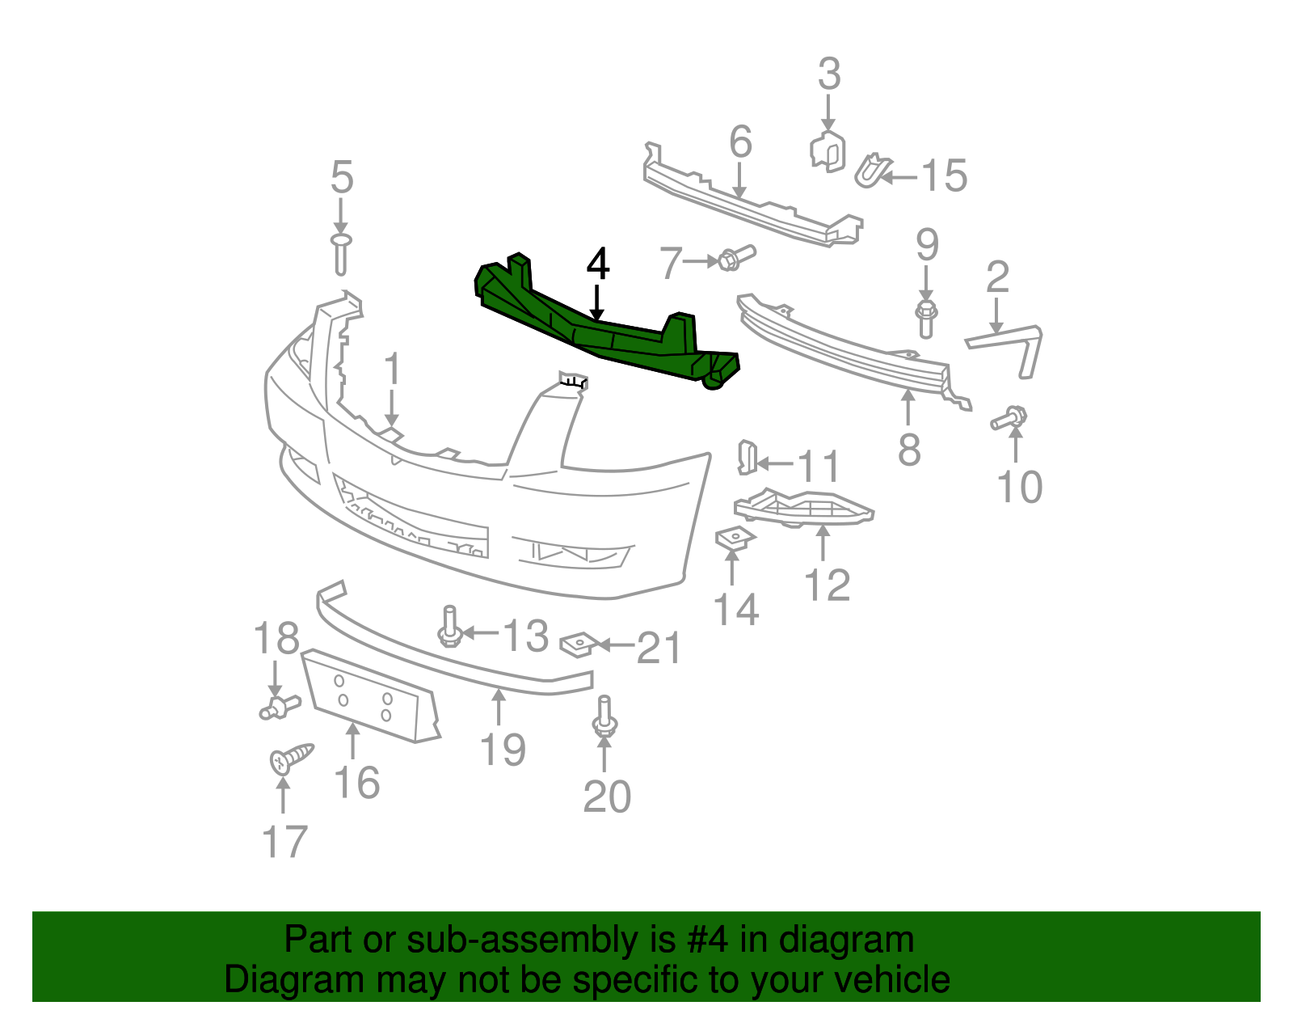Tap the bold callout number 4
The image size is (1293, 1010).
(x=597, y=264)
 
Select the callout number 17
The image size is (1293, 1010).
(x=284, y=842)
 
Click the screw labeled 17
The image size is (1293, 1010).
(x=289, y=758)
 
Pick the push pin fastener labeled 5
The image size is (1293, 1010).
(x=341, y=253)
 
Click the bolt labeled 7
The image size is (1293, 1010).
(x=735, y=258)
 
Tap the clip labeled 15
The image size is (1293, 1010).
(x=870, y=171)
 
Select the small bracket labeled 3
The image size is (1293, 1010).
(x=828, y=150)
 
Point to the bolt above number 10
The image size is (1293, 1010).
(x=1009, y=419)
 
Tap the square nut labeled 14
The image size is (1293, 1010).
(x=734, y=537)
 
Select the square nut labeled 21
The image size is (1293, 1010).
(x=579, y=643)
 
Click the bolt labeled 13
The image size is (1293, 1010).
(x=450, y=627)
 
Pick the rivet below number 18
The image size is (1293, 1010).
(x=279, y=708)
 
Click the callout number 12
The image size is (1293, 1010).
(x=827, y=585)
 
